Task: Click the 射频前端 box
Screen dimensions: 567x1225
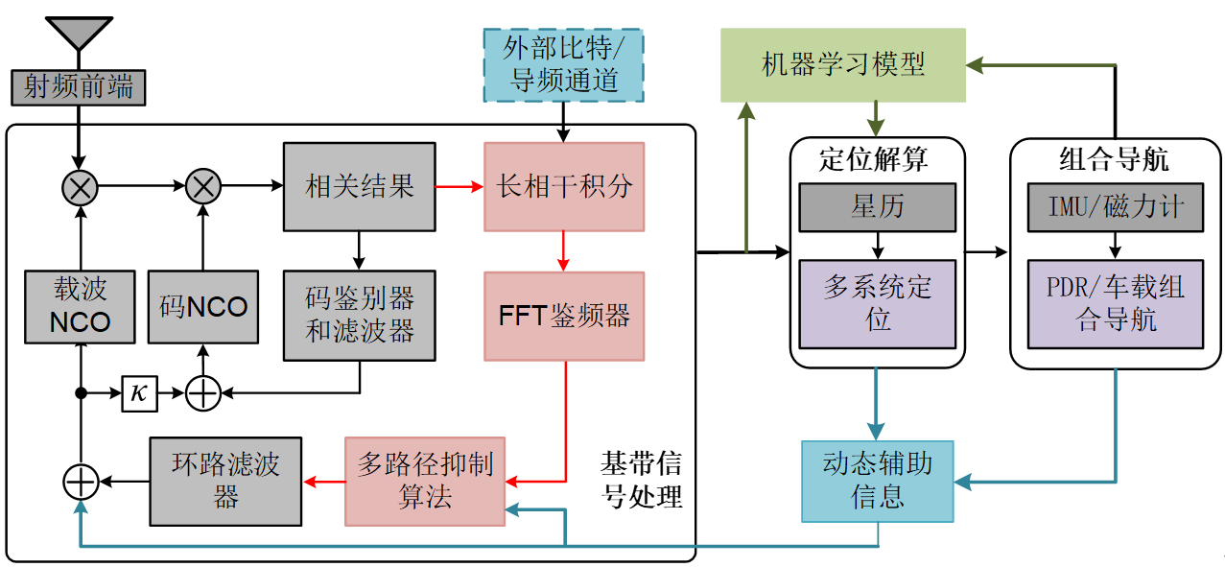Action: pos(79,87)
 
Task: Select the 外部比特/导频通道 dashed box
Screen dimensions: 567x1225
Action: pos(563,64)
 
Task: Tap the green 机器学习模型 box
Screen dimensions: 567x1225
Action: pos(842,65)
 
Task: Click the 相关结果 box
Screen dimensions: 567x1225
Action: pos(359,187)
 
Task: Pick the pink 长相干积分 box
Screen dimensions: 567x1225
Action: pos(564,187)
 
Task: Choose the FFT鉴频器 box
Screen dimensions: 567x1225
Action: pos(564,317)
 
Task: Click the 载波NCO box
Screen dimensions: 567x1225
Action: pos(81,306)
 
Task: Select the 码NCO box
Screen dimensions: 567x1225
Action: pos(202,306)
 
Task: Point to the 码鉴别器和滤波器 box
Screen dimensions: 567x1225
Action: pos(359,315)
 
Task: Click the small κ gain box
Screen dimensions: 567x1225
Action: pos(139,393)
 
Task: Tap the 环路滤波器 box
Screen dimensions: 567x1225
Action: pos(225,482)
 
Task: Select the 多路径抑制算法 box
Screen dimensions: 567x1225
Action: pos(424,482)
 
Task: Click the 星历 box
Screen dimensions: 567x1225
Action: pos(877,207)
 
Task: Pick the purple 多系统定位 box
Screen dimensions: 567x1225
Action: pos(877,304)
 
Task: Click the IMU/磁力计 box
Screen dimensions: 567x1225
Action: pos(1116,207)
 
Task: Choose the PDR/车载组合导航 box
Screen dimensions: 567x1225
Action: pos(1116,304)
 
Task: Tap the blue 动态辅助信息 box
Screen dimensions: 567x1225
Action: pos(877,481)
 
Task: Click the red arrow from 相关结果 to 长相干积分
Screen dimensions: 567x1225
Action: pos(459,187)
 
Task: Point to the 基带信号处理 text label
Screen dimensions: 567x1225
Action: pos(641,480)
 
